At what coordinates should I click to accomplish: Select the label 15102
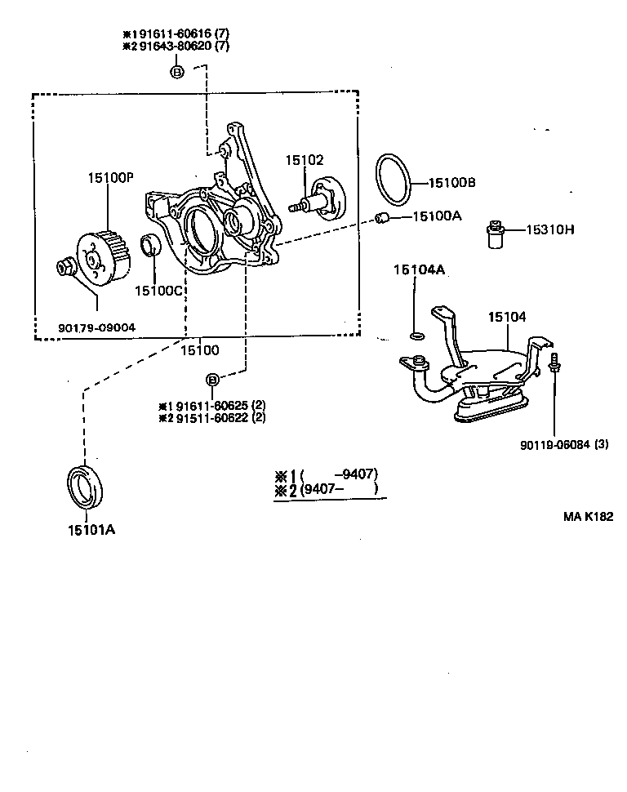pos(304,161)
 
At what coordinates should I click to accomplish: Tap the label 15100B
pos(451,184)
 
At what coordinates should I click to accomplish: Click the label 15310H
pos(550,230)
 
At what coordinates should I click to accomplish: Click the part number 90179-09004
pos(96,328)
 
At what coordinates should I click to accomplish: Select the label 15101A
pos(91,529)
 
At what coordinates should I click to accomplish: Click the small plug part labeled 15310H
pos(493,235)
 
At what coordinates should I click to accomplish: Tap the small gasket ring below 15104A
pos(416,335)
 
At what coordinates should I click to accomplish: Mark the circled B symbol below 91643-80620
pos(177,73)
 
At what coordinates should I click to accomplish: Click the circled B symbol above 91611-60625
pos(211,380)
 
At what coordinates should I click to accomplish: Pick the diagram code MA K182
pos(587,516)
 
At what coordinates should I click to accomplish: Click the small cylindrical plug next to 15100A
pos(380,217)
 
